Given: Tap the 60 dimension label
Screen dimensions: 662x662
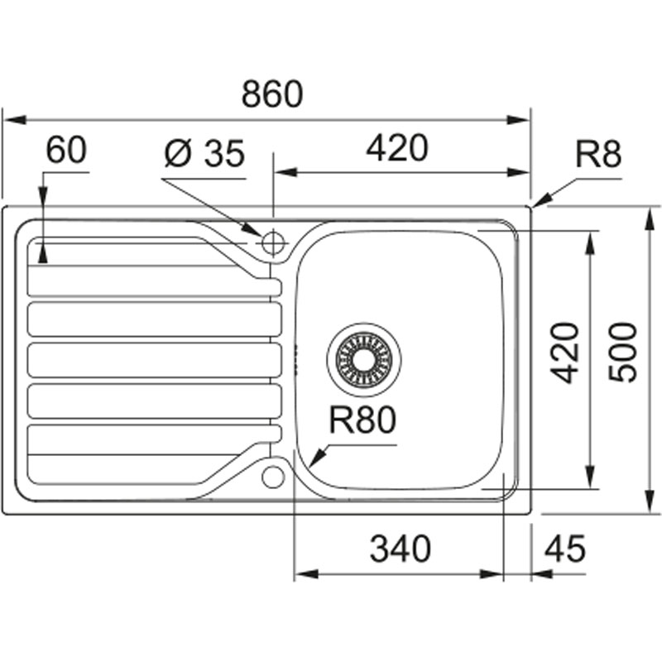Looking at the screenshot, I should click(66, 151).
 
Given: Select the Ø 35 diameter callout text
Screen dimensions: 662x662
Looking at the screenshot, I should click(204, 153).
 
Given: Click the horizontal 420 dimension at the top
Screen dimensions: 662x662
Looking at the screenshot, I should click(397, 149).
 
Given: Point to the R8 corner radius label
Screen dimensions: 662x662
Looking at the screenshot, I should click(597, 155).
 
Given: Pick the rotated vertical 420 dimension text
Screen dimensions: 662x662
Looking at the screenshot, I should click(565, 353).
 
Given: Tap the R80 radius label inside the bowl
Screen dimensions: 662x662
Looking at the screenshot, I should click(362, 421).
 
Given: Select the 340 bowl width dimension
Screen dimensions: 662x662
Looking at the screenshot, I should click(400, 549).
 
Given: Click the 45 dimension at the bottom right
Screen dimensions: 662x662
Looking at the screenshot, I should click(564, 549).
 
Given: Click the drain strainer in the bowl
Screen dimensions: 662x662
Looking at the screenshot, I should click(363, 358).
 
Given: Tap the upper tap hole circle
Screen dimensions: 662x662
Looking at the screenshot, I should click(273, 242).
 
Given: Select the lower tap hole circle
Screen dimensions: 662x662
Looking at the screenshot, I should click(273, 476).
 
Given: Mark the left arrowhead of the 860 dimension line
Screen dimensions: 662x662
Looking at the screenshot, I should click(7, 119).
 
